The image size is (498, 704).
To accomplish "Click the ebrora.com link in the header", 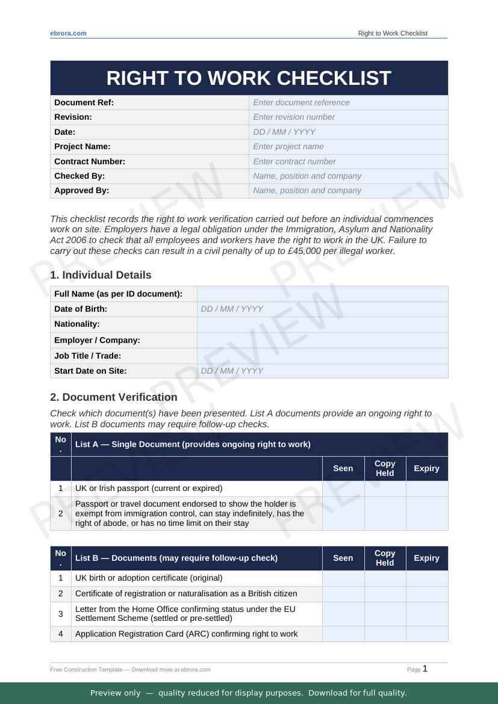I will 68,33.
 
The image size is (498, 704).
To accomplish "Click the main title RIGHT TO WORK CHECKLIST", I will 249,78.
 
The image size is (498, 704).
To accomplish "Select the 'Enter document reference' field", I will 348,102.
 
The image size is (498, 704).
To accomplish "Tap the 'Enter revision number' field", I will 348,117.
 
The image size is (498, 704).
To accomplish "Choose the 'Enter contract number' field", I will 348,161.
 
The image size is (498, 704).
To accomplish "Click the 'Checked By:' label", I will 79,176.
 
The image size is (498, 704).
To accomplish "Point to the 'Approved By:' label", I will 82,190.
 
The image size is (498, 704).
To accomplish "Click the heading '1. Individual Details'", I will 101,275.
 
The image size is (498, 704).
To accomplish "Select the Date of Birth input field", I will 322,309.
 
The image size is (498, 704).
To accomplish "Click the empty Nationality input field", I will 322,324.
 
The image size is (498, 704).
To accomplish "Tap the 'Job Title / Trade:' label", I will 88,356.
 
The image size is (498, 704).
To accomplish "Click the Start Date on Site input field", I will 322,371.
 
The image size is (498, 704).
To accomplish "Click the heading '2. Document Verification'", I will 114,397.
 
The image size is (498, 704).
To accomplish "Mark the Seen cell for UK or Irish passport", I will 343,488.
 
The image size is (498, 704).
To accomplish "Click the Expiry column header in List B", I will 426,558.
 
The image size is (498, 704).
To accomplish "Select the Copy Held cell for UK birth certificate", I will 385,578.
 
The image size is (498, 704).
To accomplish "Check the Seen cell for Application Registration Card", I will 343,634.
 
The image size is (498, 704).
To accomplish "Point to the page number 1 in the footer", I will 425,668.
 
